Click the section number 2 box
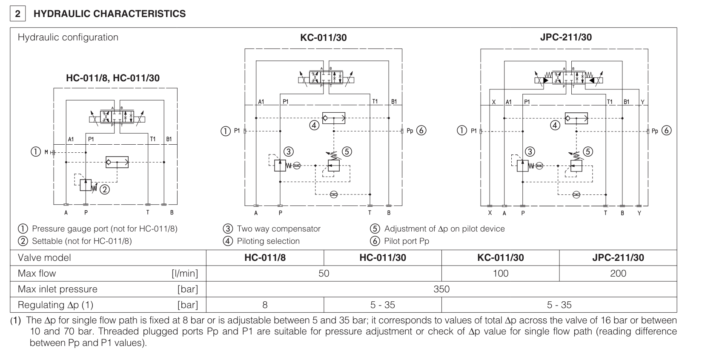[17, 14]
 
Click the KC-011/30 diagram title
[323, 37]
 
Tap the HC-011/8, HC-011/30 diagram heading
[113, 78]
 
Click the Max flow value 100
[500, 273]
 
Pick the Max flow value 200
[618, 273]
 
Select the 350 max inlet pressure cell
[441, 289]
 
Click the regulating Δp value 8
[265, 305]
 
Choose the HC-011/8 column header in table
[265, 257]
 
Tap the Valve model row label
[44, 257]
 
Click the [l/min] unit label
[184, 273]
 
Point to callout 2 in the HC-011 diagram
[104, 190]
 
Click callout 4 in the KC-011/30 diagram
[314, 125]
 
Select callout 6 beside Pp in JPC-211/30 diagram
[666, 131]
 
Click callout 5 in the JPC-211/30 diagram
[587, 152]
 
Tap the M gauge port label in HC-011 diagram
[46, 152]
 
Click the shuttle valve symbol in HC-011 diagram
[117, 162]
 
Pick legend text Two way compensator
[278, 229]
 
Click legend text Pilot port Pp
[407, 241]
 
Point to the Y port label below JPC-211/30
[639, 213]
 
